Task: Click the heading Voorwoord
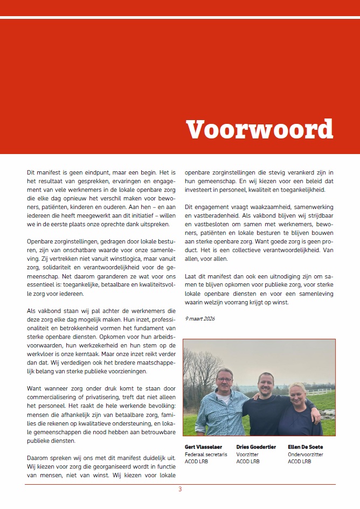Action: coord(259,129)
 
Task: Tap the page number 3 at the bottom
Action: coord(180,489)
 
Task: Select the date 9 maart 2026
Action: coord(200,319)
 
